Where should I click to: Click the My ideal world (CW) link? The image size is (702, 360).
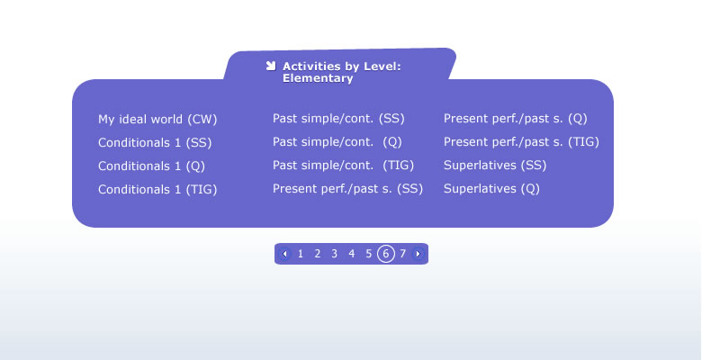coord(157,120)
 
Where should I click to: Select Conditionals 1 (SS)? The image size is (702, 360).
coord(155,143)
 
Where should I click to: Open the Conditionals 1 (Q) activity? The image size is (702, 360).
coord(152,166)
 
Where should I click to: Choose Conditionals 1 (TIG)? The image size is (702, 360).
coord(157,189)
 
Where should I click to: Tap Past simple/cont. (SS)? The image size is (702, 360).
coord(338,119)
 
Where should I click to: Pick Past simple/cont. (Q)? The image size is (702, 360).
coord(337,142)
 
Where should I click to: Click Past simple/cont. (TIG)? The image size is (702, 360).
coord(344,166)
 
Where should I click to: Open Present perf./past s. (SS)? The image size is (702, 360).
coord(348,188)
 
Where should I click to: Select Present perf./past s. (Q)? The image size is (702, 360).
coord(516,119)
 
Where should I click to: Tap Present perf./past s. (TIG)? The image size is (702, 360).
coord(522,142)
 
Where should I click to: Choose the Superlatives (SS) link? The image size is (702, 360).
coord(495,166)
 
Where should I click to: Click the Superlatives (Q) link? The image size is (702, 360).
coord(491,188)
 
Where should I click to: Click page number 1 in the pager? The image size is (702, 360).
coord(301,254)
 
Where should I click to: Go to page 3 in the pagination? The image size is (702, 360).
coord(335,254)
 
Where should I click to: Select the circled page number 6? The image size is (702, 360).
coord(386,254)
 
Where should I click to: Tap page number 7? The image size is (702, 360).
coord(402,254)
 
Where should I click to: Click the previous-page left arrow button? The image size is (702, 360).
coord(284,254)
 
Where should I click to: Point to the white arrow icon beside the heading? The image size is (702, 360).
coord(270,67)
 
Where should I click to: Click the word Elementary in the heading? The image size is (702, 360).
coord(318,78)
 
